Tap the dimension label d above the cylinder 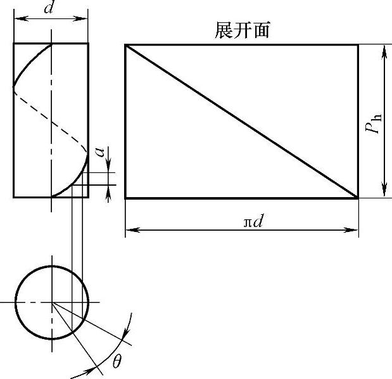coord(49,9)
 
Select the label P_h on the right coord(375,120)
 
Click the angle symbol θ coord(117,362)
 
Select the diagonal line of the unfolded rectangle coord(241,121)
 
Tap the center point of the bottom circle coord(52,302)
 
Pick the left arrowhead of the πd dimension coord(129,229)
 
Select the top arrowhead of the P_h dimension coord(384,48)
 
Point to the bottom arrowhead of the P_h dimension coord(384,194)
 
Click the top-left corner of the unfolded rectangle coord(125,44)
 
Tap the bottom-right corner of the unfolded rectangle coord(358,198)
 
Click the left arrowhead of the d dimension coord(16,19)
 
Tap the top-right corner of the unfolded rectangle coord(358,44)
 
